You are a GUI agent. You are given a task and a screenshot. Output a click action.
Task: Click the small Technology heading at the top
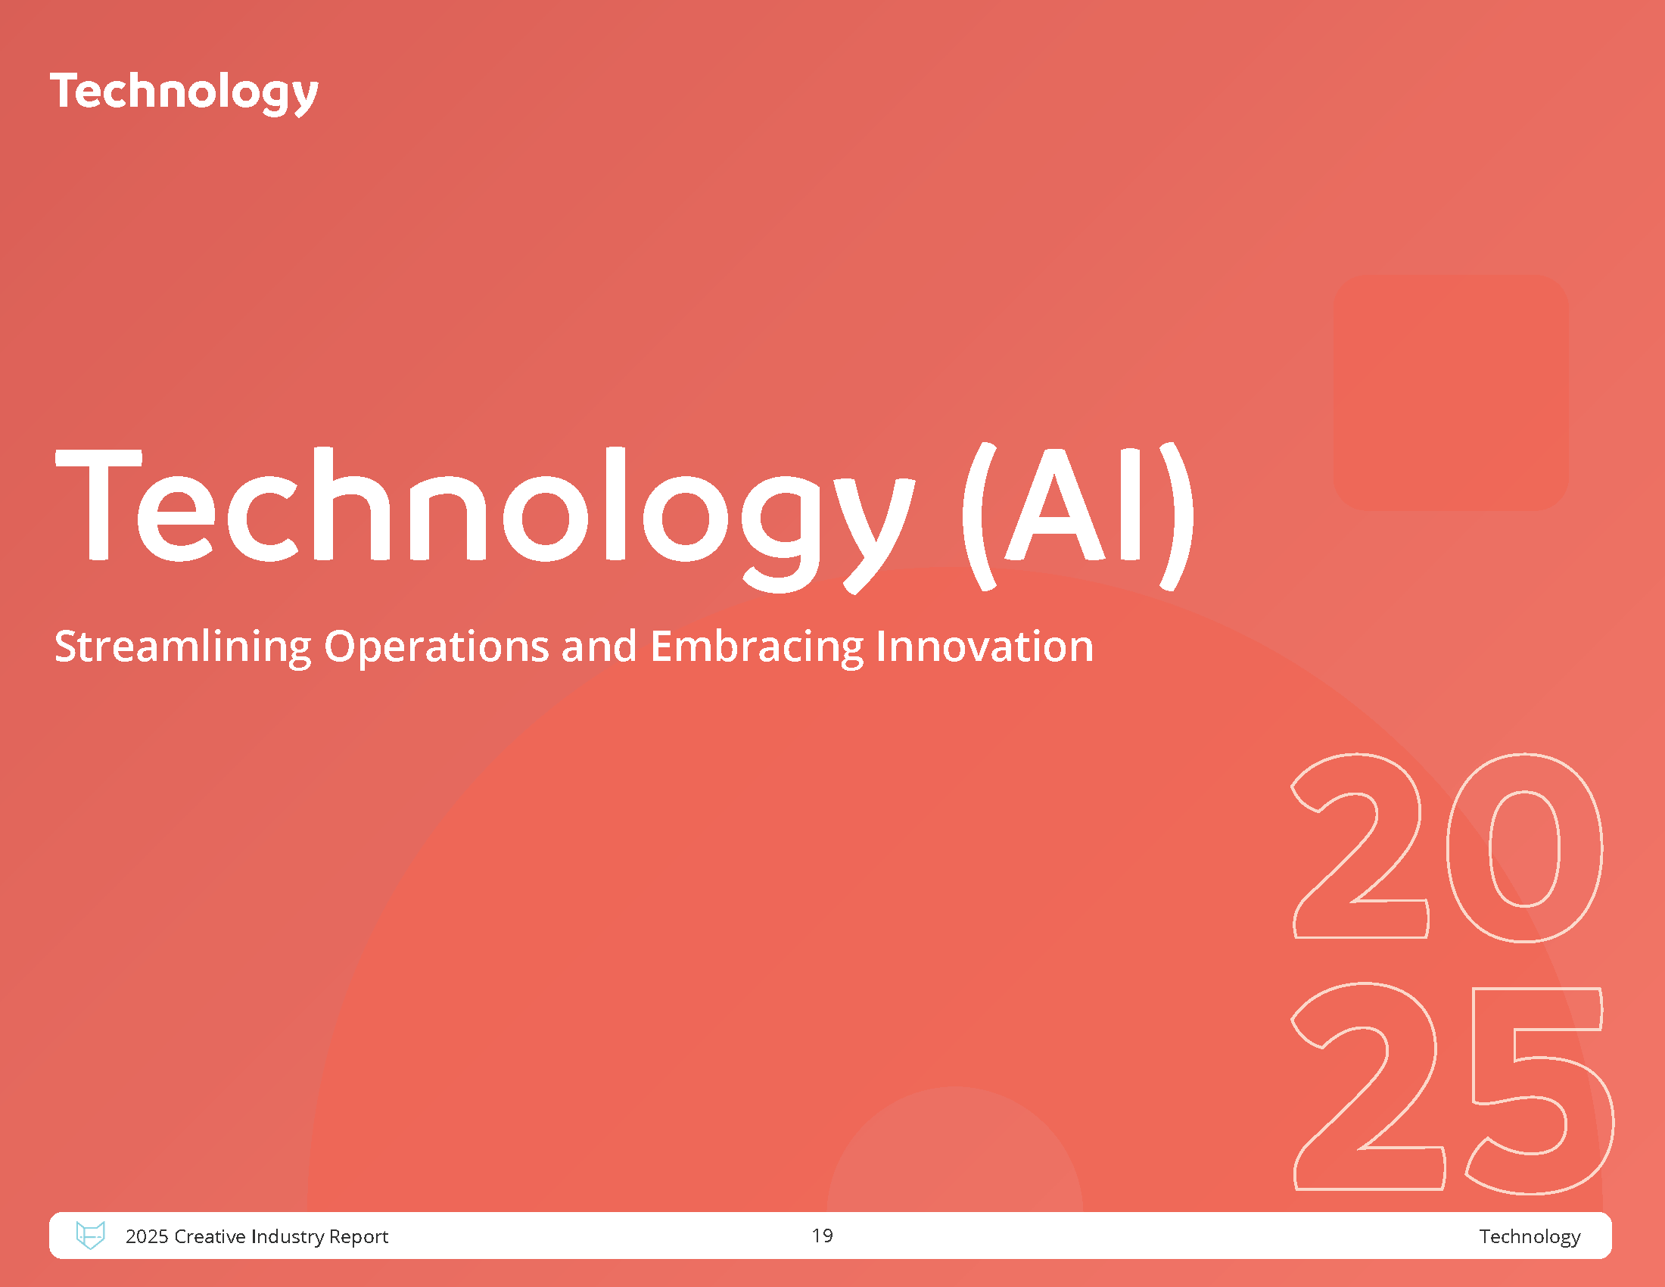[x=184, y=93]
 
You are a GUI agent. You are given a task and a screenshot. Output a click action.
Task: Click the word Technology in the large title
[x=485, y=519]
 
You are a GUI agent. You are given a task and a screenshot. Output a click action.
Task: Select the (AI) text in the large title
[x=1078, y=516]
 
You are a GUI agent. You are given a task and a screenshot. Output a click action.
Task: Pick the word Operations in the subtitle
[x=437, y=647]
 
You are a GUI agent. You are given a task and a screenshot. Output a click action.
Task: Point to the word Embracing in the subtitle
[x=757, y=647]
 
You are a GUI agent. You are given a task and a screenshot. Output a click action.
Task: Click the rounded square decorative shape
[x=1452, y=393]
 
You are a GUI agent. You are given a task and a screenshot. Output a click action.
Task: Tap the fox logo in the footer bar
[x=90, y=1235]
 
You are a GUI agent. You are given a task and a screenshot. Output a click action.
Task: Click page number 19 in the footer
[x=822, y=1236]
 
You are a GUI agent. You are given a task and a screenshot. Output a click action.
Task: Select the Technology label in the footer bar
[x=1530, y=1237]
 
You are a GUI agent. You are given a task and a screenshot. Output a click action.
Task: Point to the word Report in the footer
[x=358, y=1237]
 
